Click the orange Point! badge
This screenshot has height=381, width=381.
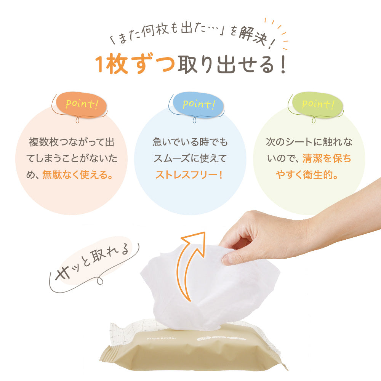point(79,105)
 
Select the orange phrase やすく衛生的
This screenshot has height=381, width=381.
point(308,175)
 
